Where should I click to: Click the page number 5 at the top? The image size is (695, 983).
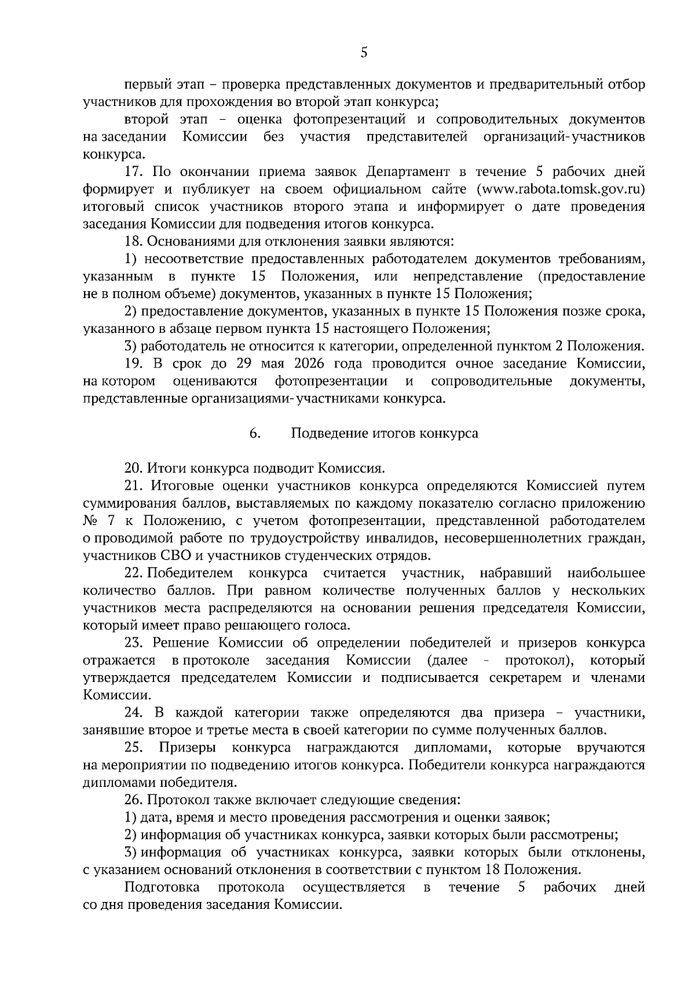click(364, 53)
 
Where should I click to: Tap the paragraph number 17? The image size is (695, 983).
click(134, 172)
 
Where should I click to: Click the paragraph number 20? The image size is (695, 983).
click(133, 468)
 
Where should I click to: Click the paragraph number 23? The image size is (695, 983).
click(133, 643)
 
